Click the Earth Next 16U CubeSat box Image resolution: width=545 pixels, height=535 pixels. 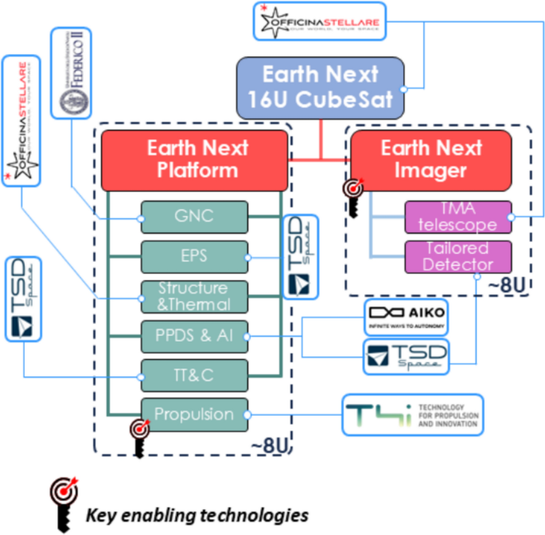click(x=320, y=88)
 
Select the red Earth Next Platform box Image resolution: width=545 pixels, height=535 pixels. click(x=193, y=159)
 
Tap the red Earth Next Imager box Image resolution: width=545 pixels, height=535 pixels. click(x=430, y=159)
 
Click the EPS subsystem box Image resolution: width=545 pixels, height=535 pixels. click(x=194, y=256)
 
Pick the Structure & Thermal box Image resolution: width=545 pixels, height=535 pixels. click(x=194, y=295)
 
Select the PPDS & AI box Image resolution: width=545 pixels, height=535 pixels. click(x=194, y=335)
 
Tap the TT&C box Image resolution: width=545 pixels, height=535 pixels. click(x=194, y=375)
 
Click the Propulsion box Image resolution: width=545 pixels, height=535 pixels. click(x=194, y=414)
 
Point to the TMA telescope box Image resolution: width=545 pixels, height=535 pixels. click(x=457, y=216)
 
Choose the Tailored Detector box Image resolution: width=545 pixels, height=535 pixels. click(x=457, y=256)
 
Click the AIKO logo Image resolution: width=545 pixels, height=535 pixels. click(x=406, y=317)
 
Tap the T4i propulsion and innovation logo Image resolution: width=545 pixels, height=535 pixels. click(x=413, y=415)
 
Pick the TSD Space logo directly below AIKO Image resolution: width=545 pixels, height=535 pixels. click(x=406, y=357)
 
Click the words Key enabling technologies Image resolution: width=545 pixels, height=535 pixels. click(x=197, y=514)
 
